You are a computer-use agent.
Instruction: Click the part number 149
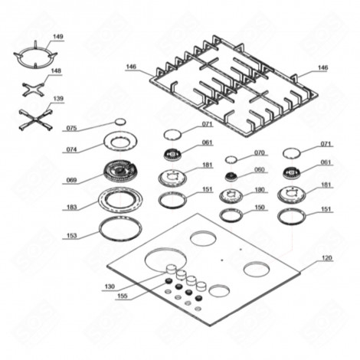58,36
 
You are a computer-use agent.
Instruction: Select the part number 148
56,70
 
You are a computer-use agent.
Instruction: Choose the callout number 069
72,181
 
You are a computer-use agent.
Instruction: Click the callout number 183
72,208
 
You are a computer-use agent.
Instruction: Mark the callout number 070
259,153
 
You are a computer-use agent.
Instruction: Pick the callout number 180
259,190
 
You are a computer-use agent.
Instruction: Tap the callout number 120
328,259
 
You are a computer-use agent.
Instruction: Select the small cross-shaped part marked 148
34,91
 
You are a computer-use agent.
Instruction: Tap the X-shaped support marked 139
33,119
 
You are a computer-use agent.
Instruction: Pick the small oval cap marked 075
119,123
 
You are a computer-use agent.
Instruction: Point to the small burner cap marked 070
231,159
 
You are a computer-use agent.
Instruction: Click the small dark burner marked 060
231,177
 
